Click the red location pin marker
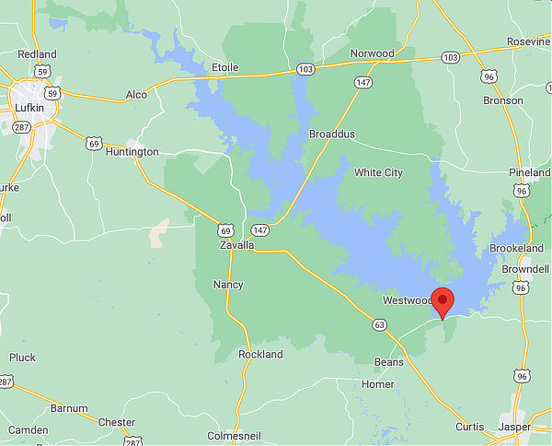tap(443, 301)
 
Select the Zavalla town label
tap(237, 246)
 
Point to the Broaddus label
tap(331, 135)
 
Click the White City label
tap(378, 172)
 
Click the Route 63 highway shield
tap(379, 324)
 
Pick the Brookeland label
tap(517, 250)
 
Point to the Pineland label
tap(529, 172)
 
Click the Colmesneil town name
tap(238, 436)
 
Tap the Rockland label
tap(260, 355)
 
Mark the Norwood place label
tap(372, 53)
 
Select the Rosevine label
tap(528, 41)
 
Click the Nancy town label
tap(228, 285)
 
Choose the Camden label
tap(28, 430)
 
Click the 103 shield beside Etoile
tap(305, 69)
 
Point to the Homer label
tap(378, 384)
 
